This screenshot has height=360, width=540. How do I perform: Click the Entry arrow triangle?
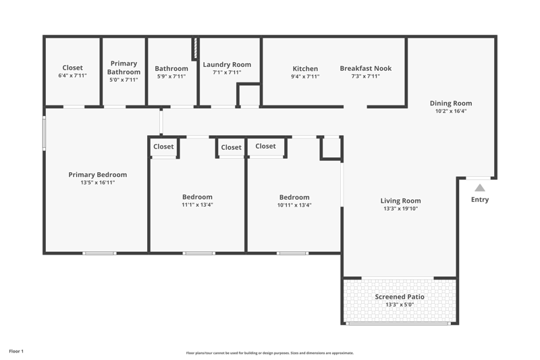[480, 188]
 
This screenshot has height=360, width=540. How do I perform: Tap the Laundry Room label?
[227, 64]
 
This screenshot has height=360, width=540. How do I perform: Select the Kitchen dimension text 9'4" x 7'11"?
[305, 76]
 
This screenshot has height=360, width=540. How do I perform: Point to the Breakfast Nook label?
[366, 68]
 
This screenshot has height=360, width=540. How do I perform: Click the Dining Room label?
[451, 103]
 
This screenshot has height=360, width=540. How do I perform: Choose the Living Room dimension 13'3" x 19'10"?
[400, 209]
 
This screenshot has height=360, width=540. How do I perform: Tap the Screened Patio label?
[400, 297]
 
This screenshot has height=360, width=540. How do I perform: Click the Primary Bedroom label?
[97, 175]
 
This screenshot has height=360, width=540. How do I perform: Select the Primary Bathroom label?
[124, 68]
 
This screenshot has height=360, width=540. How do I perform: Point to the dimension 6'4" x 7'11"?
[72, 76]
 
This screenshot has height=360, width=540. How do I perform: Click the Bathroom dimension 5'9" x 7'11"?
[171, 76]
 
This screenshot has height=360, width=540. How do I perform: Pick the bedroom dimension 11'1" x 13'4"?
[197, 205]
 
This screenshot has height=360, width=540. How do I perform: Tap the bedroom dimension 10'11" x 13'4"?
[294, 205]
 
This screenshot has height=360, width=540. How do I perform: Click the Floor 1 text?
[16, 351]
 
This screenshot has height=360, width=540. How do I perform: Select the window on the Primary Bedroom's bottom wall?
[99, 253]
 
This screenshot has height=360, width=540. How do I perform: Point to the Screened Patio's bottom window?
[398, 324]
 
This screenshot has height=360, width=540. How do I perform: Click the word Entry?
[480, 199]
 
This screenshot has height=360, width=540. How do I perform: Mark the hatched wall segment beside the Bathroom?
[195, 48]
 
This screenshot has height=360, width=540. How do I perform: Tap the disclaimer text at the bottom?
[269, 353]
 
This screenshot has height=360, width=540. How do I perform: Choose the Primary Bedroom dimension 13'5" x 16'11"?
[97, 182]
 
